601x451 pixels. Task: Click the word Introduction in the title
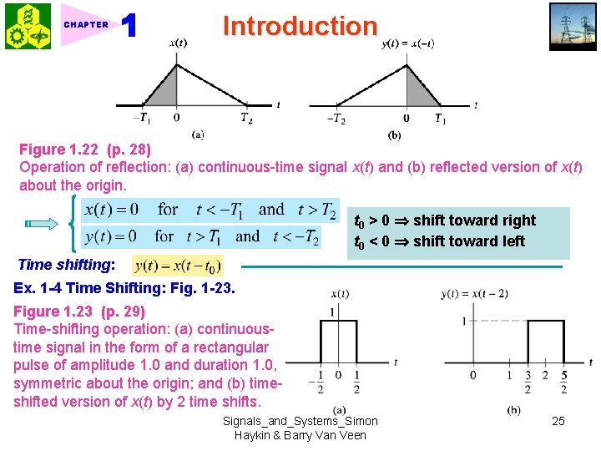coord(300,26)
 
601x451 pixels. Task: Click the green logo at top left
coord(28,26)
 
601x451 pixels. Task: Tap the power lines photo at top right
coord(573,27)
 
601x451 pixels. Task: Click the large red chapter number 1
coord(129,26)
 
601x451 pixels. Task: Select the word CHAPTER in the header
coord(86,25)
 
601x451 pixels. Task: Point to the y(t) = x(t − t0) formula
coord(178,265)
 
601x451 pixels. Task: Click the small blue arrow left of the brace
coord(40,223)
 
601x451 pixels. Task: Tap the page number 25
coord(558,421)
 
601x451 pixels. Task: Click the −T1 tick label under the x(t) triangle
coord(143,119)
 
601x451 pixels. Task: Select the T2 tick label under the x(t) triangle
coord(245,119)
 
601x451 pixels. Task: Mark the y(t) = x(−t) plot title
coord(407,43)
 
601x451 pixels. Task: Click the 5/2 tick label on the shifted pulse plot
coord(564,382)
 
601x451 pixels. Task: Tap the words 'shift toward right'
coord(474,220)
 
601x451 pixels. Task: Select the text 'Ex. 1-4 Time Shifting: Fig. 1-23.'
coord(125,288)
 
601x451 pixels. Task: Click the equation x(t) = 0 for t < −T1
coord(209,210)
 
